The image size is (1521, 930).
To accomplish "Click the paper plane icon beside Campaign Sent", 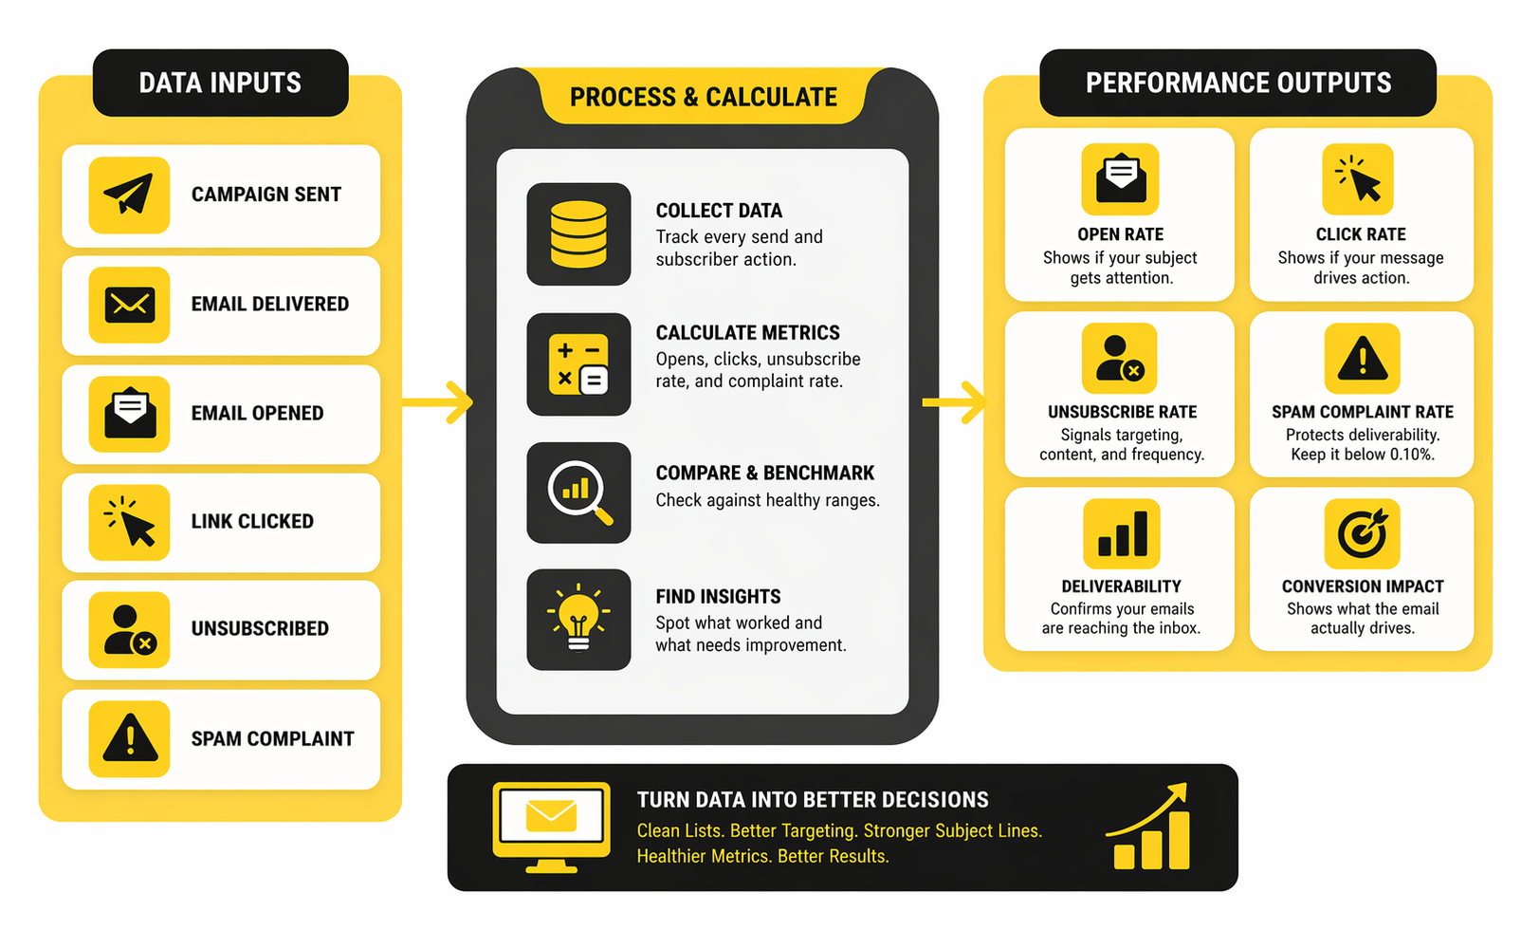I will (129, 195).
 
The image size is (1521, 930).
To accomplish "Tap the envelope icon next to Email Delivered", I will (129, 305).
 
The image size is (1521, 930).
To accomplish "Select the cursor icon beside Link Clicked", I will (129, 522).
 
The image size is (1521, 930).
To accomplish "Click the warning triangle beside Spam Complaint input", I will (129, 739).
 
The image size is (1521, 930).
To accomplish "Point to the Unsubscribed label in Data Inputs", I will (260, 629).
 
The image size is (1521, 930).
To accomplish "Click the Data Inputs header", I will (220, 84).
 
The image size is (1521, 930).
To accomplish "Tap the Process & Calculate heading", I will (703, 97).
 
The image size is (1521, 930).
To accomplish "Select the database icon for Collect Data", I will (578, 234).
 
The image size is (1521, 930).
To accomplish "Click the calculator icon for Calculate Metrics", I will (578, 364).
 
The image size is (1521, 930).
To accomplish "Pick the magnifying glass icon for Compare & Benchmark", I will (578, 493).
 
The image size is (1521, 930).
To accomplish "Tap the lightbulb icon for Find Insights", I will (578, 620).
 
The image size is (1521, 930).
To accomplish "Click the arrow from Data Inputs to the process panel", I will (439, 402).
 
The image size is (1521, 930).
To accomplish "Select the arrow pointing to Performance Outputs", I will (956, 402).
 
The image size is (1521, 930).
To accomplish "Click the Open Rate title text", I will (1120, 234).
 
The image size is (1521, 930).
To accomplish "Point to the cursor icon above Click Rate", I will (1359, 179).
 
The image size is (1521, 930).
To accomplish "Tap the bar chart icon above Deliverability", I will (1122, 533).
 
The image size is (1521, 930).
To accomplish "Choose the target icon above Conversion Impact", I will (1362, 533).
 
